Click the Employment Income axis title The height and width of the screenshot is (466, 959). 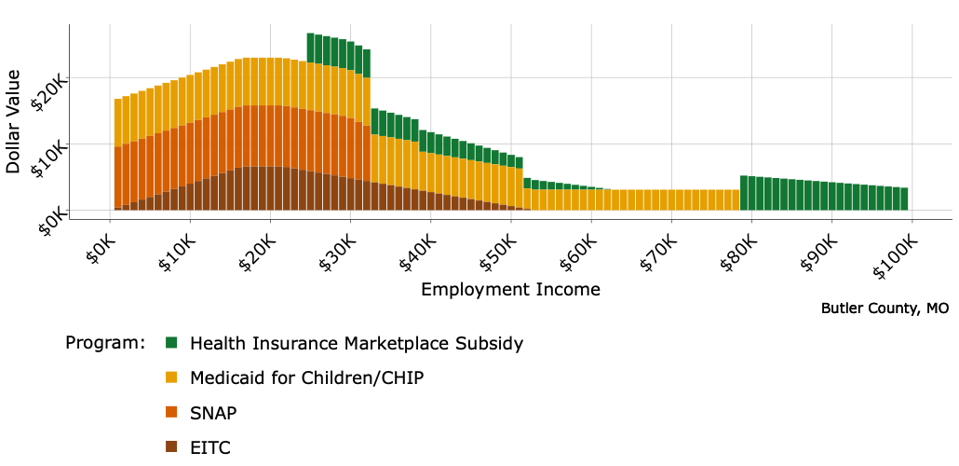[510, 289]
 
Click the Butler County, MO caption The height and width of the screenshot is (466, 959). [885, 308]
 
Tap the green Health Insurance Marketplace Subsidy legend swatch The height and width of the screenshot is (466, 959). [171, 343]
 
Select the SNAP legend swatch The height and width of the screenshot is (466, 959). [171, 412]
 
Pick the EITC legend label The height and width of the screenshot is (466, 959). [209, 447]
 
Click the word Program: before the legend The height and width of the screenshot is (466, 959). [105, 343]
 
